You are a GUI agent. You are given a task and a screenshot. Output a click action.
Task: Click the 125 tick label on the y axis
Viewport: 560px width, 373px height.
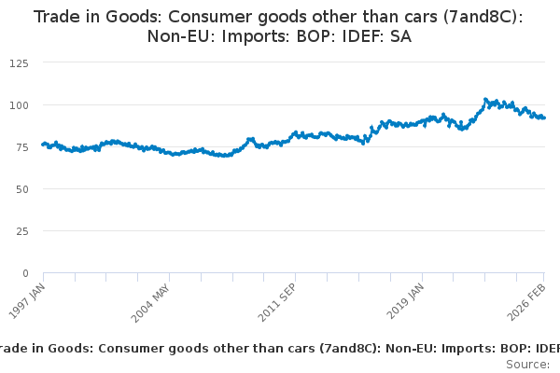pyautogui.click(x=18, y=62)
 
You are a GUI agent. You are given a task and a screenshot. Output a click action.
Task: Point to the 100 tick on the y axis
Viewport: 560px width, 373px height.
pyautogui.click(x=18, y=104)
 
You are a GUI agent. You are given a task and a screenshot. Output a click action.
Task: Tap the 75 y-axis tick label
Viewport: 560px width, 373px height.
pyautogui.click(x=21, y=146)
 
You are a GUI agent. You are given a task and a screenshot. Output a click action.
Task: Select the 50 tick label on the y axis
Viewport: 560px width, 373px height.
pyautogui.click(x=21, y=188)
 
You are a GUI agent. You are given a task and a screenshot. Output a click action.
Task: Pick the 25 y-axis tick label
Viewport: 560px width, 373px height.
pyautogui.click(x=21, y=230)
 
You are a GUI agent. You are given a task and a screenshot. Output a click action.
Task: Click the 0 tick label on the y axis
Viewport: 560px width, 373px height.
pyautogui.click(x=24, y=273)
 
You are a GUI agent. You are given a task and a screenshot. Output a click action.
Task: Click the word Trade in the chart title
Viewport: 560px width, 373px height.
pyautogui.click(x=57, y=17)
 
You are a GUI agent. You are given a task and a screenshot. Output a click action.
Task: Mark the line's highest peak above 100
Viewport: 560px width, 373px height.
pyautogui.click(x=485, y=98)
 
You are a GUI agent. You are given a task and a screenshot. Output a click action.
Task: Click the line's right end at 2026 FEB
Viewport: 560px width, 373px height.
pyautogui.click(x=545, y=117)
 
